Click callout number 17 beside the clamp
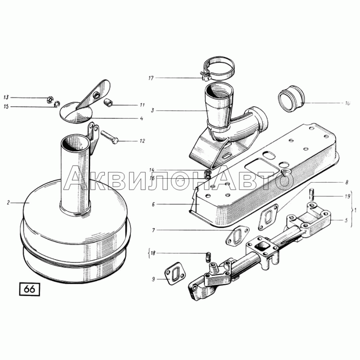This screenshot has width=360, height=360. click(151, 78)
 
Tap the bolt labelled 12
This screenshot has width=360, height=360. click(109, 137)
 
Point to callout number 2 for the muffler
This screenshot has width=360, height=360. click(9, 203)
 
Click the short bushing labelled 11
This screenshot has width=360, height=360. click(108, 103)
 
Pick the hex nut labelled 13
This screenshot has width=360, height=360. click(50, 99)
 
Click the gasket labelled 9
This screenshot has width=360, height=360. click(176, 274)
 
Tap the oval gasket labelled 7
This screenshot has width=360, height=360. click(238, 235)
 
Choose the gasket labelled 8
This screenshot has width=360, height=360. click(268, 217)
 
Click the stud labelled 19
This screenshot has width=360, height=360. click(312, 194)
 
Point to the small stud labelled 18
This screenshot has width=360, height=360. click(207, 256)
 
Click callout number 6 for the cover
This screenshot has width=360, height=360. click(153, 204)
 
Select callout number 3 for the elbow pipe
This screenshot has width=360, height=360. click(152, 110)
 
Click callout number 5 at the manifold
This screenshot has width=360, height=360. click(346, 220)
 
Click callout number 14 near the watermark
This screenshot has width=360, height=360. click(151, 170)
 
